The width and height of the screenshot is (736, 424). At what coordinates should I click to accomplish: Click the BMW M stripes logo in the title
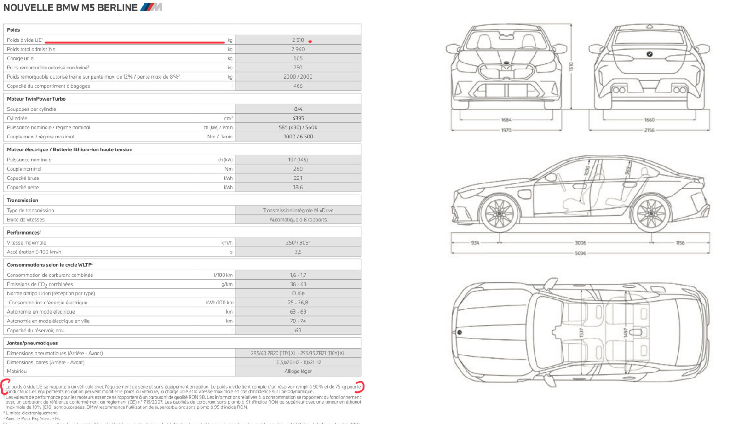151,7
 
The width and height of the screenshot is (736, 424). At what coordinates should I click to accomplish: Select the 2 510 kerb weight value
298,40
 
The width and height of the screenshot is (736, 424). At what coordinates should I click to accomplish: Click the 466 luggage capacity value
298,86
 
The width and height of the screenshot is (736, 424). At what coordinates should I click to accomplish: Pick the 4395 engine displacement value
298,118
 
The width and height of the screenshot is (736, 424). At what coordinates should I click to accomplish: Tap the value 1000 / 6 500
298,137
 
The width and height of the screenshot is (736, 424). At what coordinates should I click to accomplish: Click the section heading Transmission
23,200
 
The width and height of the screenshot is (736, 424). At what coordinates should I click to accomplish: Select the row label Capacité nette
23,187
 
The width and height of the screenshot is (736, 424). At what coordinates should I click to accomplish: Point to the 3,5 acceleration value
298,252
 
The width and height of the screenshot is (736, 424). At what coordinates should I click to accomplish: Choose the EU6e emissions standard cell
298,293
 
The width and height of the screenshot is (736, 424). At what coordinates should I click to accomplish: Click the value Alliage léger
298,371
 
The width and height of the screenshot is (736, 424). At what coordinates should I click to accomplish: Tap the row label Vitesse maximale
27,243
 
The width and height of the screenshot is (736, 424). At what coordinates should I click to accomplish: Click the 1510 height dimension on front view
571,66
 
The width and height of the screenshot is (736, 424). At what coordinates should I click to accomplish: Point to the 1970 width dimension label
506,130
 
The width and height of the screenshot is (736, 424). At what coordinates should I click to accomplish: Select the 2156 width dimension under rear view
649,130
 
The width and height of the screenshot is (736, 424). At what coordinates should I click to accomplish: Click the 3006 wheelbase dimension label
580,243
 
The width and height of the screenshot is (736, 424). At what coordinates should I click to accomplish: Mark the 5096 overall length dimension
580,253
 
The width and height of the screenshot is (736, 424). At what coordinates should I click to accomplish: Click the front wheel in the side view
500,213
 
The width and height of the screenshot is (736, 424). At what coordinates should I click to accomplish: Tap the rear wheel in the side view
651,213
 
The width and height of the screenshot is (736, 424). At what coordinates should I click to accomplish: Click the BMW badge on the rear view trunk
650,54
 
